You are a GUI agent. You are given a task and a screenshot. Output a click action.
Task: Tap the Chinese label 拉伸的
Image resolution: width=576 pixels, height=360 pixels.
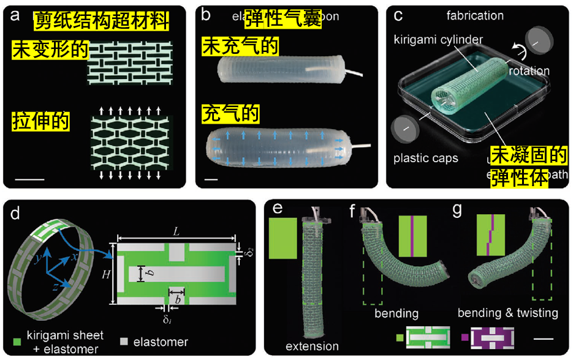[41, 121]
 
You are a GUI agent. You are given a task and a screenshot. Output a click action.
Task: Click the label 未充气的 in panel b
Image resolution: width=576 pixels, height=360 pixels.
[240, 47]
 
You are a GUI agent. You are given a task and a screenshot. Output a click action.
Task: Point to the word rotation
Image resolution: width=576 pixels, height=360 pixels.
[529, 71]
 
